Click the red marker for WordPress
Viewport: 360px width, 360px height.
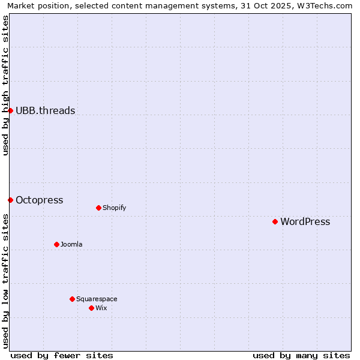pos(275,221)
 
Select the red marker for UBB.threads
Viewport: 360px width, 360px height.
pos(10,110)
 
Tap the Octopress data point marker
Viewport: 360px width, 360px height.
pos(10,200)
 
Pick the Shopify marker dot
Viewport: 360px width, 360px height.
pos(98,208)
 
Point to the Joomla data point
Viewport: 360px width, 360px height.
pos(56,244)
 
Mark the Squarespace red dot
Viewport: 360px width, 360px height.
pos(72,299)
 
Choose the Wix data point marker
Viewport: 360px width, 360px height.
pos(91,308)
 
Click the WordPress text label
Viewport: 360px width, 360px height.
pos(305,221)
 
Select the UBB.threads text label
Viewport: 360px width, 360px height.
pos(45,110)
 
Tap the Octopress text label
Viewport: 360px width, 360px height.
pos(39,200)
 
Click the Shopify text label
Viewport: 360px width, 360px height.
pos(114,208)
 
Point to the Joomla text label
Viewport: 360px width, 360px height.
pos(71,244)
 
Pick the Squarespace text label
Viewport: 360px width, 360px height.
pos(97,299)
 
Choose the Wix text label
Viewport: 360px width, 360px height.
pos(101,308)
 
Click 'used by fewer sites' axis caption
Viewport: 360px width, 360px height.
pos(62,355)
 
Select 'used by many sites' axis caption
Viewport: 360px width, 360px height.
pos(301,355)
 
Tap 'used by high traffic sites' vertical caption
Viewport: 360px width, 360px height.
pos(5,85)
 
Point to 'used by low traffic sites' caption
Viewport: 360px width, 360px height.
pos(5,281)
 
